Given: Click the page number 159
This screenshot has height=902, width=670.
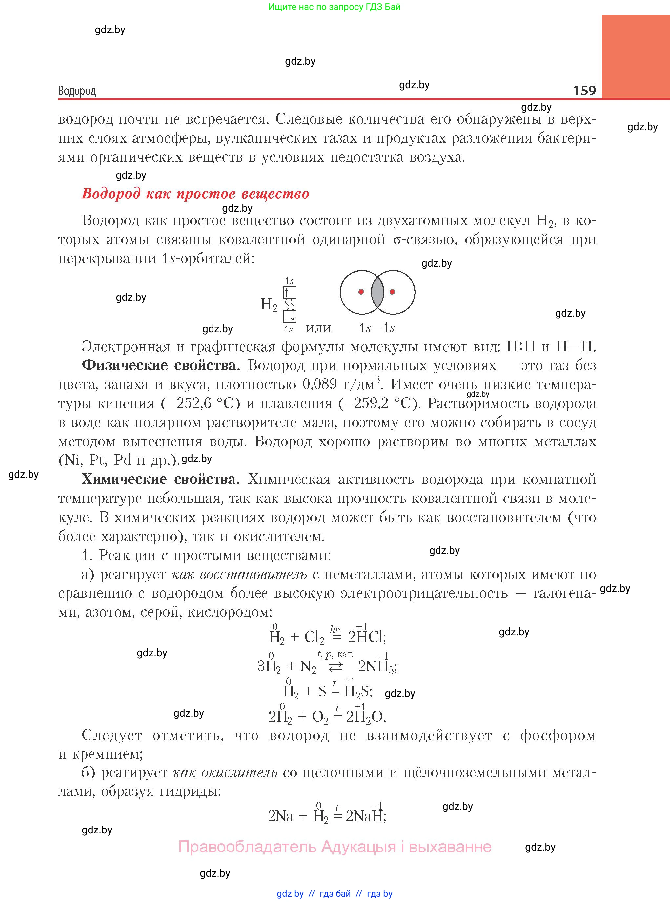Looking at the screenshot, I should tap(584, 90).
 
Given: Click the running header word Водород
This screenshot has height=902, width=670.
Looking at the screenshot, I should tap(77, 91).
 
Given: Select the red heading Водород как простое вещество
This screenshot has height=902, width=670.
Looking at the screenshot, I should tap(195, 194).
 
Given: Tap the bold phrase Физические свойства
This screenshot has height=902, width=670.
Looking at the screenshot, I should tap(161, 365).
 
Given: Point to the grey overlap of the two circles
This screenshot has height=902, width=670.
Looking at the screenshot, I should tap(377, 292).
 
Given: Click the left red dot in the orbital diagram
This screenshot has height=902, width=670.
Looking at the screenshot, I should tap(361, 292).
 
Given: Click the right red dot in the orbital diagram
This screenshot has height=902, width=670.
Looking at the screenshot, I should tap(392, 292).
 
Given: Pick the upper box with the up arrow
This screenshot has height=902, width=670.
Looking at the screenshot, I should tap(290, 293).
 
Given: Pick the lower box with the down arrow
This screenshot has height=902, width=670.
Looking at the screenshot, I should tap(290, 316).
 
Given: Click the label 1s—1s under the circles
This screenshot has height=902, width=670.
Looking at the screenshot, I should tap(377, 328).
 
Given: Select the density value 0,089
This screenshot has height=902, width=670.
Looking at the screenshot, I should tap(320, 384).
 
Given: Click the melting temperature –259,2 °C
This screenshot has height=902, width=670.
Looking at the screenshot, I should tap(375, 403).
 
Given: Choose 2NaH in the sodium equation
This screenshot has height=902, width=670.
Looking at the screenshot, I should tap(365, 816).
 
